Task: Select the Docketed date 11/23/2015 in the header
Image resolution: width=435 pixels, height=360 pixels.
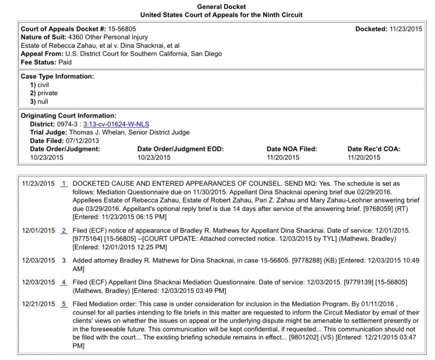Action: coord(406,29)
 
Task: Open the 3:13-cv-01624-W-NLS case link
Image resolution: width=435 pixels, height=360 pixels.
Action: coord(116,124)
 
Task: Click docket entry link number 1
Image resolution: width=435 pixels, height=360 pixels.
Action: coord(64,184)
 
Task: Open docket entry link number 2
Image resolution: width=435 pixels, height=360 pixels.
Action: coord(64,231)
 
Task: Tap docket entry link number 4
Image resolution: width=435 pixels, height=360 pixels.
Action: coord(64,282)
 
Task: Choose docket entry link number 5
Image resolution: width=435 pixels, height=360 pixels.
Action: coord(64,304)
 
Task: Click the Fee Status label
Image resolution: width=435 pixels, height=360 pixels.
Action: coord(39,62)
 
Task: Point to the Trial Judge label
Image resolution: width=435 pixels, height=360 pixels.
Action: coord(48,133)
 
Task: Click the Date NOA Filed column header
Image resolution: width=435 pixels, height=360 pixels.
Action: coord(292,149)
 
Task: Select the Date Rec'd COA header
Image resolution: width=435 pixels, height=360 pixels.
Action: coord(374,149)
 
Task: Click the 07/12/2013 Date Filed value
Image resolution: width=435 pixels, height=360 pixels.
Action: coord(82,141)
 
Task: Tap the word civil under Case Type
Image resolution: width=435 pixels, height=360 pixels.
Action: coord(43,85)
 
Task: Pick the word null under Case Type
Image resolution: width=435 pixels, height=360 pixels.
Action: coord(43,102)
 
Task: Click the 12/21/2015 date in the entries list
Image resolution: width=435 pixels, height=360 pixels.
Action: coord(38,304)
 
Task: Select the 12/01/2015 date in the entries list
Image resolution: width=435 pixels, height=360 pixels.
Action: coord(38,231)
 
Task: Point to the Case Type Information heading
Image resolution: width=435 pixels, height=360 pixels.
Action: coord(57,76)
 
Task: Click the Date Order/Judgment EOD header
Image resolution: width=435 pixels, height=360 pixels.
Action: coord(180,149)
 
